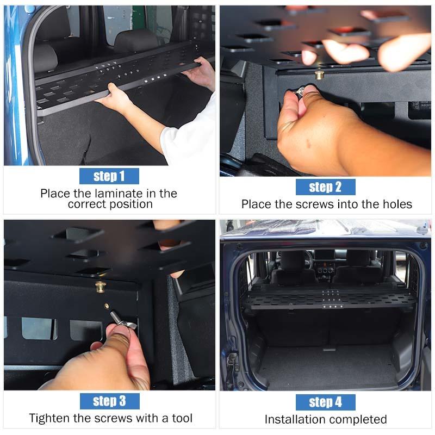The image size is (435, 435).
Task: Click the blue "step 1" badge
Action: point(109,176)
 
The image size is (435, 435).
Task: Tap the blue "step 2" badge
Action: point(325,187)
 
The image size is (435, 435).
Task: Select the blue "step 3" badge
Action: point(110,401)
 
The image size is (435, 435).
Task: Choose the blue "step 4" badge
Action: point(325,402)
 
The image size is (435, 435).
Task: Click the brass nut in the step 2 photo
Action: point(319,75)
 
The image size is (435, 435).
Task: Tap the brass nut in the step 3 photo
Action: point(100,287)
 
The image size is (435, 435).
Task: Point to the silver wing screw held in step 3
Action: point(122,321)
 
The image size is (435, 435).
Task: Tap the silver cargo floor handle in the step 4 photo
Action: point(329,349)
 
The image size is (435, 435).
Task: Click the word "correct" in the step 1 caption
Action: point(87,204)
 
